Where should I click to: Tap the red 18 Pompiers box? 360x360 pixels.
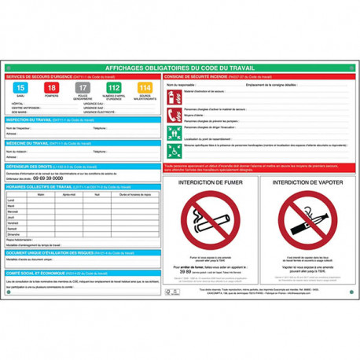tap(51, 88)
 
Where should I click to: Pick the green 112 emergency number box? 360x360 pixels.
tap(113, 88)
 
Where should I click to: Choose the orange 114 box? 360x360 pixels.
tap(143, 88)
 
